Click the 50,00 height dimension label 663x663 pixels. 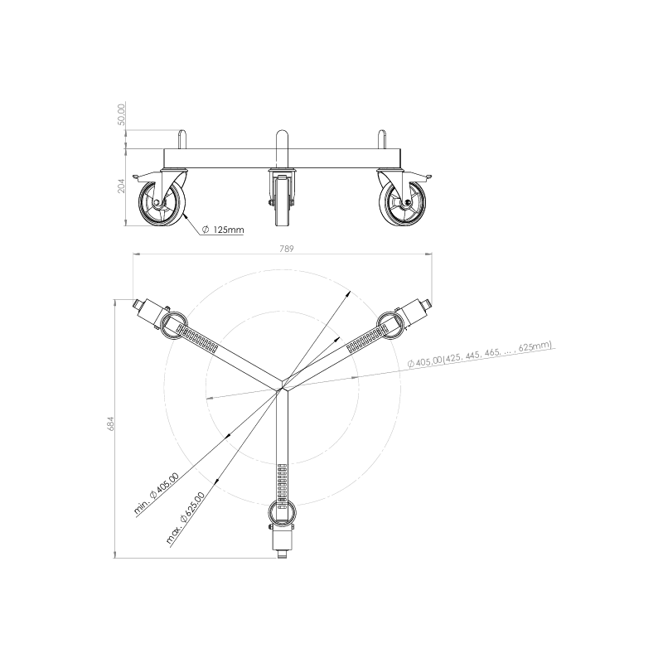click(121, 114)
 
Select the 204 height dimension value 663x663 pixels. click(121, 186)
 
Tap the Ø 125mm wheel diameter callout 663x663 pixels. click(222, 230)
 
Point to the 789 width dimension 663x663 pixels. click(286, 249)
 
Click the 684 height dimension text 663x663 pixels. click(111, 423)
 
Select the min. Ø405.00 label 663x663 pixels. click(156, 493)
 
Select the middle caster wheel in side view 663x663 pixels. click(283, 202)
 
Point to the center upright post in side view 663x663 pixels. click(282, 149)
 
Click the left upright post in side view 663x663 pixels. click(182, 139)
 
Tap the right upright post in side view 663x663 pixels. click(382, 139)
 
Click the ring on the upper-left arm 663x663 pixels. click(173, 325)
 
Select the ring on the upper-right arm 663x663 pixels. click(390, 324)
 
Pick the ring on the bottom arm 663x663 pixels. click(283, 511)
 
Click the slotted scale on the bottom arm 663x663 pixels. click(283, 482)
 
